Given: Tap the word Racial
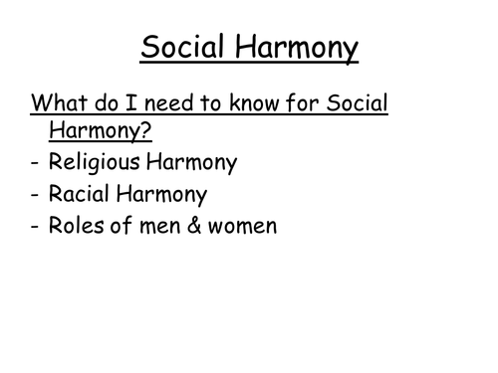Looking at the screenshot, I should [x=81, y=195].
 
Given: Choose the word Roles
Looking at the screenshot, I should [x=78, y=226].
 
